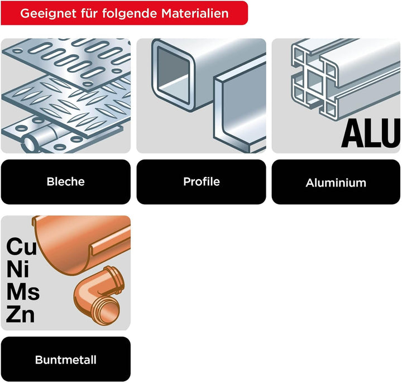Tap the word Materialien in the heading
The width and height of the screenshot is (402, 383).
click(x=195, y=13)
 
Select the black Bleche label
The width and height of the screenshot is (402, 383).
click(x=66, y=182)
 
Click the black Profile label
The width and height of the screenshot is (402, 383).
click(x=201, y=182)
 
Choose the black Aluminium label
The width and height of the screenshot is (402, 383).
click(x=336, y=182)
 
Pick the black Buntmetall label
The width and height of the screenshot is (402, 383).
click(x=66, y=359)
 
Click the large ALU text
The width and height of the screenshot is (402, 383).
click(x=371, y=133)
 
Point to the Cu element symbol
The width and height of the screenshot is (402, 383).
click(x=22, y=246)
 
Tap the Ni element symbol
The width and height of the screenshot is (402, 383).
click(x=18, y=269)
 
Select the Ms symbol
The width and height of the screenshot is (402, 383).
click(x=23, y=292)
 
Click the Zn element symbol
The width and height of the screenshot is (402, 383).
click(x=20, y=314)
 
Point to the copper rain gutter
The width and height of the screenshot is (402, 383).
click(x=82, y=243)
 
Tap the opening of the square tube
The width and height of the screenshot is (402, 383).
click(x=173, y=75)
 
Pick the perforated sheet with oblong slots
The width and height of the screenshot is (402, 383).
click(x=69, y=61)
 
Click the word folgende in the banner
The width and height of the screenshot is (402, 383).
click(x=130, y=13)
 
